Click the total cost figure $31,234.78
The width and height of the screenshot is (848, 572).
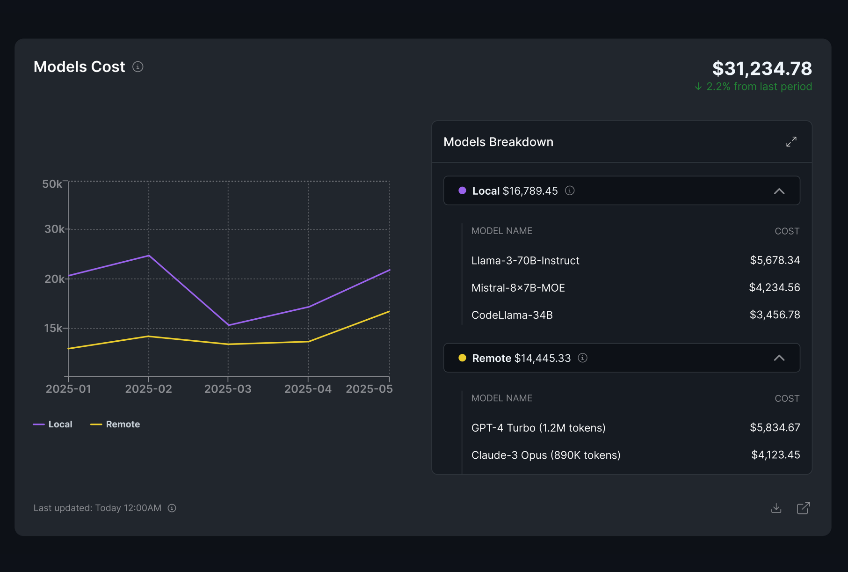click(761, 68)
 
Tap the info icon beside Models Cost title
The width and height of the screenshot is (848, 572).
click(138, 66)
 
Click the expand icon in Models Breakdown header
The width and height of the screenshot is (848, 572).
click(791, 142)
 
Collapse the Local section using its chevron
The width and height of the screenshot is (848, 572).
click(779, 191)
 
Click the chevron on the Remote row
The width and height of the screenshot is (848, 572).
click(779, 358)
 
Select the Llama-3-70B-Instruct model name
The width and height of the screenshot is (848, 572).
click(525, 260)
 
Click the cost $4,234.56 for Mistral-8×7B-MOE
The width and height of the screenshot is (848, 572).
click(774, 287)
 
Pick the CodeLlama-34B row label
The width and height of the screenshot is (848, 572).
click(512, 315)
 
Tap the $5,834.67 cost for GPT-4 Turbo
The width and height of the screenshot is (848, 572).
click(775, 427)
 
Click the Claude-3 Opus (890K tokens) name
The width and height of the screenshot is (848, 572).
click(545, 455)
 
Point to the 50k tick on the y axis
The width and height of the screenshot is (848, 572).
click(52, 184)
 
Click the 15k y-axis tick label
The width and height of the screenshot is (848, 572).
click(53, 328)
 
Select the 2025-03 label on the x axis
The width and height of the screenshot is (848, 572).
click(228, 389)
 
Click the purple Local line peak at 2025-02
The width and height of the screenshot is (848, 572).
click(149, 256)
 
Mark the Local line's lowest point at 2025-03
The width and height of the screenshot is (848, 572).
click(228, 325)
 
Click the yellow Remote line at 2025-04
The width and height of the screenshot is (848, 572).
click(308, 341)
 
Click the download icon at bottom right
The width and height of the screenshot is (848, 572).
click(776, 508)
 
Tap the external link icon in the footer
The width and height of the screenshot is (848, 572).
click(803, 508)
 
